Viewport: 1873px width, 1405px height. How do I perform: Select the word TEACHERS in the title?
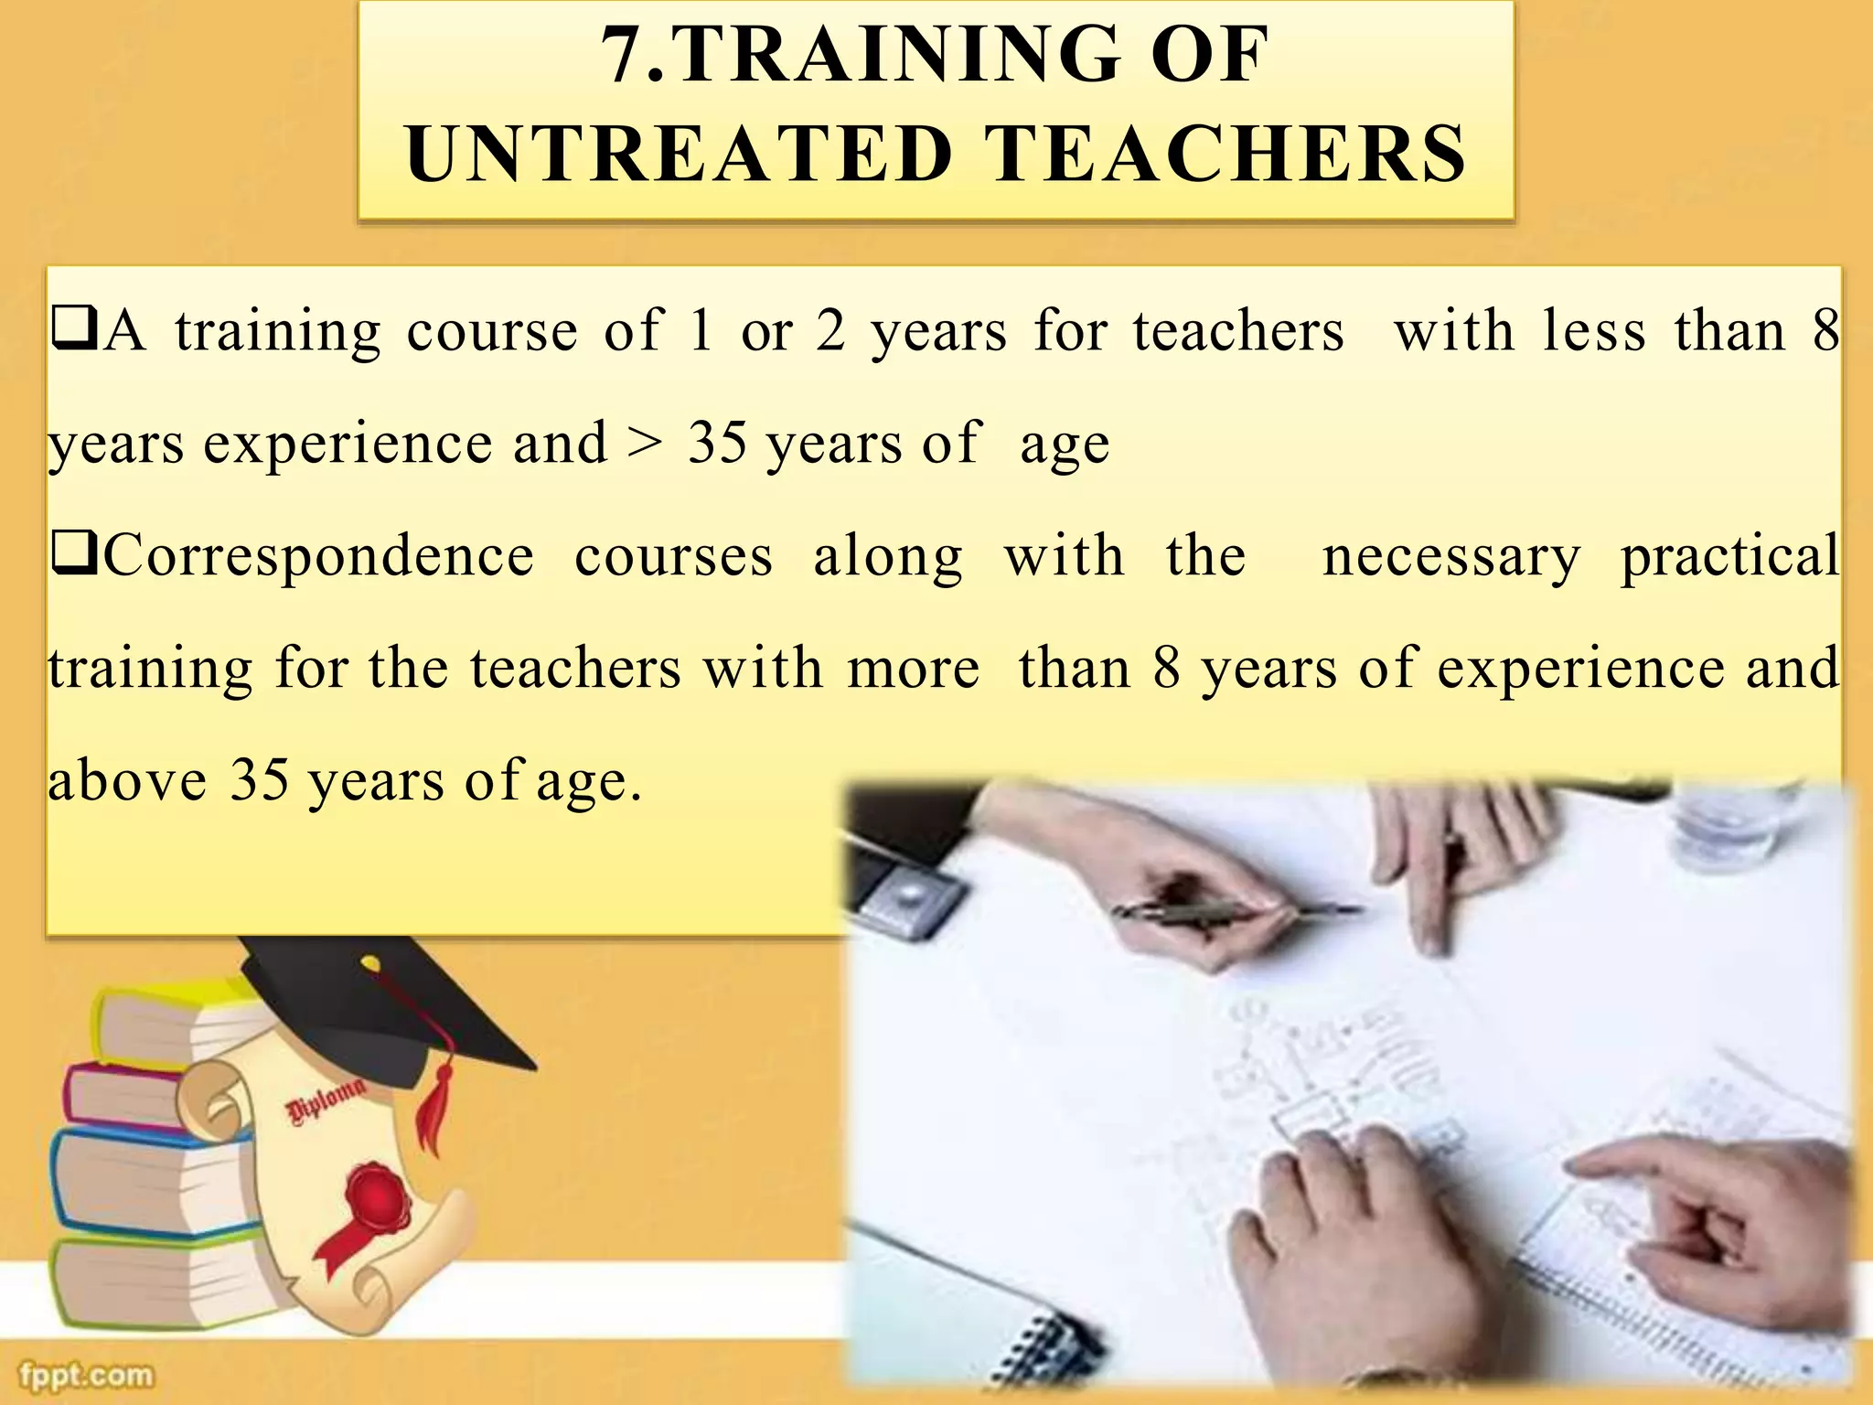pos(1225,154)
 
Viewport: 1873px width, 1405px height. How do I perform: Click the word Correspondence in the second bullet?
pos(319,556)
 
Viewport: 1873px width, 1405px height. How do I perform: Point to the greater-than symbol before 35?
pos(646,444)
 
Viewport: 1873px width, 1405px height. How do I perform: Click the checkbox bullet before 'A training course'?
pos(74,330)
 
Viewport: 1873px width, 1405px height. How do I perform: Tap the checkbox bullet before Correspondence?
pos(74,554)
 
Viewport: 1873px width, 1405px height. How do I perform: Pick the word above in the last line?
pos(127,781)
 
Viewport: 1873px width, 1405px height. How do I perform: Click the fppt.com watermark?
pos(87,1374)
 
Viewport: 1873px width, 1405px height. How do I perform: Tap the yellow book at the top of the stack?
pos(174,1011)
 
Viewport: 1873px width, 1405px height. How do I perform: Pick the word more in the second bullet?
pos(913,669)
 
